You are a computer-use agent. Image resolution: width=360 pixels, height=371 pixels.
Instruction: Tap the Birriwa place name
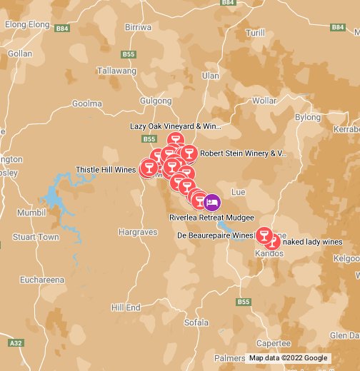[138, 27]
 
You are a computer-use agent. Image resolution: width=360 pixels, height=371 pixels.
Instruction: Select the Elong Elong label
[26, 24]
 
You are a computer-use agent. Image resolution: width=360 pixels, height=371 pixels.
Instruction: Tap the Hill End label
[126, 307]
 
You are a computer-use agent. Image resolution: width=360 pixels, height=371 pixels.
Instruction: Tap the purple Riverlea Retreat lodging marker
[212, 202]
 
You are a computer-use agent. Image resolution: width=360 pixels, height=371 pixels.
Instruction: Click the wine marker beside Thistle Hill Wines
[149, 168]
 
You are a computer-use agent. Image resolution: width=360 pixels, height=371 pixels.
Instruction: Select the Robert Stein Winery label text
[243, 153]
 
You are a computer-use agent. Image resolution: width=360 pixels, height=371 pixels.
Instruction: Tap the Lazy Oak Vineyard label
[176, 126]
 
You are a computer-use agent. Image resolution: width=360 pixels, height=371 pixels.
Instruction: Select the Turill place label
[255, 33]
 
